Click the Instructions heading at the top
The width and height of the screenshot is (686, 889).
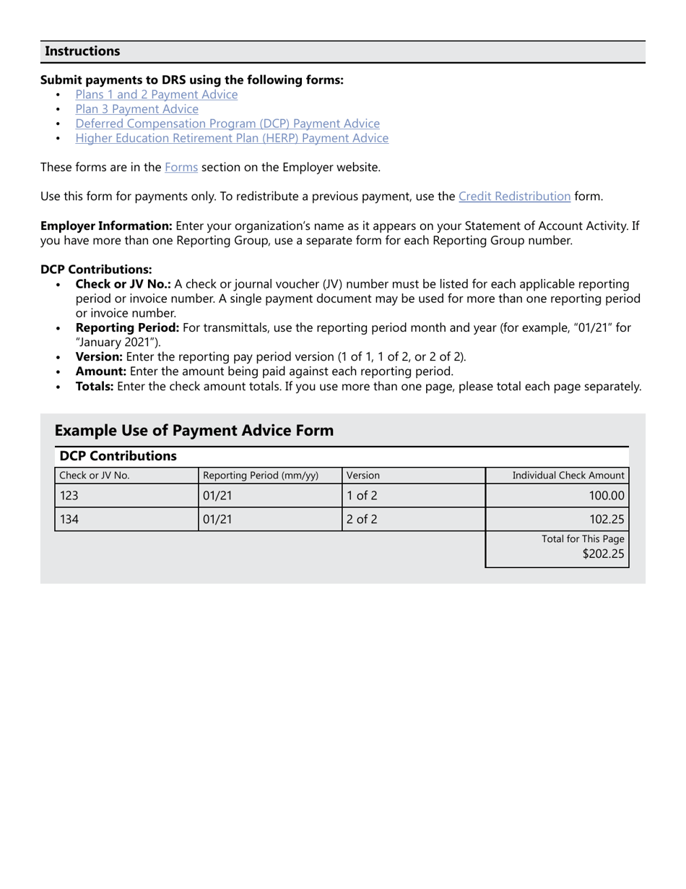[82, 51]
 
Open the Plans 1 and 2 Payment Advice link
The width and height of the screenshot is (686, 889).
[156, 95]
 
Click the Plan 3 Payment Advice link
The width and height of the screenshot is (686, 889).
[136, 109]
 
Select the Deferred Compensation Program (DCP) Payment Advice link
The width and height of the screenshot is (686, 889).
[227, 124]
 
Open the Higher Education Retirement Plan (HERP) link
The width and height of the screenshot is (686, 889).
[232, 138]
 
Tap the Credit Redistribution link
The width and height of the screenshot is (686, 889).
[514, 197]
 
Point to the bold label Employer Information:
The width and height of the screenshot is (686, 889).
[106, 226]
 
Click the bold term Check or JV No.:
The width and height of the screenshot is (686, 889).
[123, 284]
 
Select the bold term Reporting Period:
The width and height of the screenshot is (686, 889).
[127, 327]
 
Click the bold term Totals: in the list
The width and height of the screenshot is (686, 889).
[95, 386]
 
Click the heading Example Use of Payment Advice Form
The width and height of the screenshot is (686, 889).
[194, 431]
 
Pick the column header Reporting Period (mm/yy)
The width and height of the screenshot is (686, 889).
[261, 476]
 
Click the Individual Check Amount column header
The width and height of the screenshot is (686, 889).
[568, 476]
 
